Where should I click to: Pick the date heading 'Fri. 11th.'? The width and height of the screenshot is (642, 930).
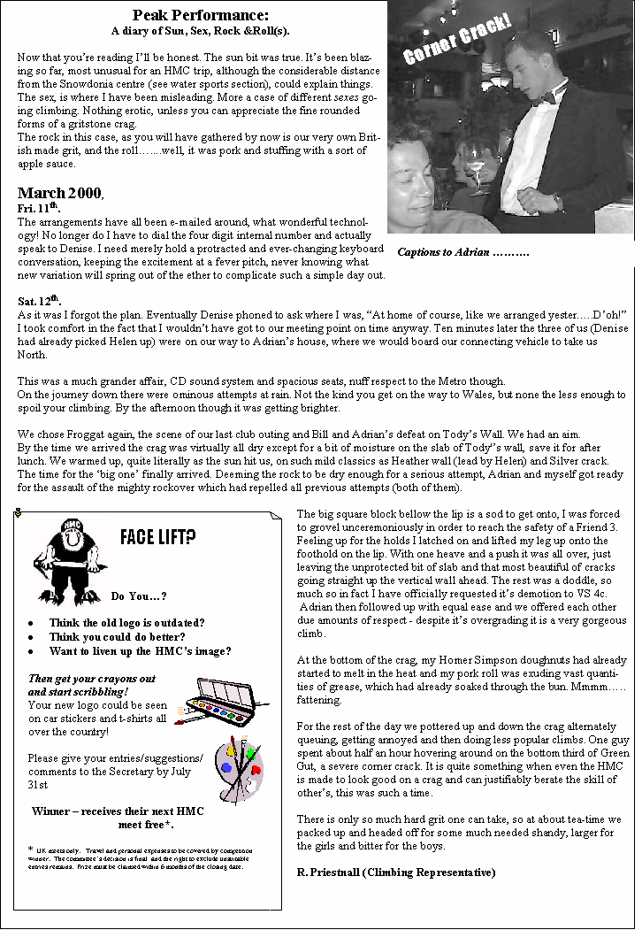tap(38, 208)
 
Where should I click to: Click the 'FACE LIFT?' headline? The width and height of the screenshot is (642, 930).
tap(158, 537)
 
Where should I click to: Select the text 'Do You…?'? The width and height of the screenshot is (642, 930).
tap(139, 596)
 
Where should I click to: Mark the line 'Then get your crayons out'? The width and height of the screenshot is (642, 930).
tap(92, 679)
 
